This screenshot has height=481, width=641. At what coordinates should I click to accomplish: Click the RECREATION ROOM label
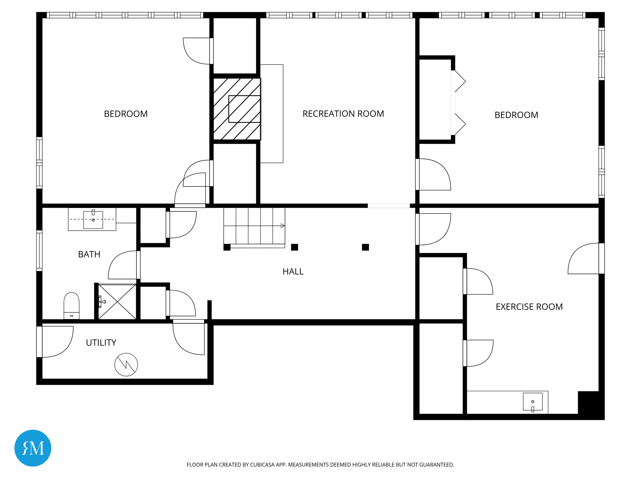pyautogui.click(x=343, y=114)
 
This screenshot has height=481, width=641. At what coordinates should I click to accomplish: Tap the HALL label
pyautogui.click(x=293, y=272)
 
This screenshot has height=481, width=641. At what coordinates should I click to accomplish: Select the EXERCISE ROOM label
pyautogui.click(x=529, y=307)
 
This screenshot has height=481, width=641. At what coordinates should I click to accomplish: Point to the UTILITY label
pyautogui.click(x=101, y=343)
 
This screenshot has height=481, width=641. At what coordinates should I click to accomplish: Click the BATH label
pyautogui.click(x=89, y=254)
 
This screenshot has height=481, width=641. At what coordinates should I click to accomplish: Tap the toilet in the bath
pyautogui.click(x=71, y=306)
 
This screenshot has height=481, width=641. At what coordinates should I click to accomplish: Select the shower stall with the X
pyautogui.click(x=117, y=302)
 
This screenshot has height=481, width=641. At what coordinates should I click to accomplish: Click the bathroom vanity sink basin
pyautogui.click(x=93, y=220)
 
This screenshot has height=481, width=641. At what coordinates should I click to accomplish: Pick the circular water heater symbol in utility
pyautogui.click(x=126, y=365)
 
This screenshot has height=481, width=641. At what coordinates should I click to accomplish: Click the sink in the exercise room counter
pyautogui.click(x=533, y=401)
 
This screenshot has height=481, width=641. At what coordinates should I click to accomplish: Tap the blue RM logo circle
pyautogui.click(x=33, y=448)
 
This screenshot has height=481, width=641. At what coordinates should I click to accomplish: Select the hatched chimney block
pyautogui.click(x=237, y=109)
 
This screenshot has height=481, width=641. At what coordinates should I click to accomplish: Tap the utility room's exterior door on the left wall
pyautogui.click(x=55, y=342)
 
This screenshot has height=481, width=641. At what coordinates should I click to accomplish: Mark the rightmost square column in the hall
pyautogui.click(x=365, y=247)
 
